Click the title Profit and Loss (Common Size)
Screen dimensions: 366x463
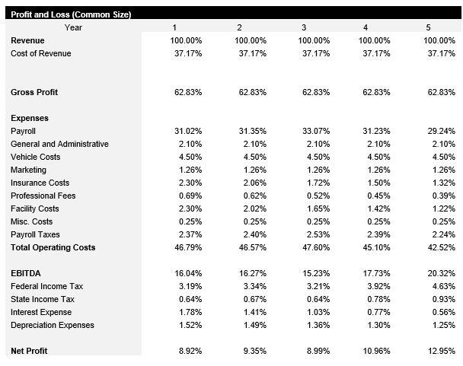[x=70, y=14]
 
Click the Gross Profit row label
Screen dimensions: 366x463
[x=34, y=92]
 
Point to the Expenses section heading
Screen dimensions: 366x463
[x=30, y=118]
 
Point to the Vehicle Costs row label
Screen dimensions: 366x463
[x=35, y=157]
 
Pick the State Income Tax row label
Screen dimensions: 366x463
[x=42, y=299]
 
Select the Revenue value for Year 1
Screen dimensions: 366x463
[x=187, y=40]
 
